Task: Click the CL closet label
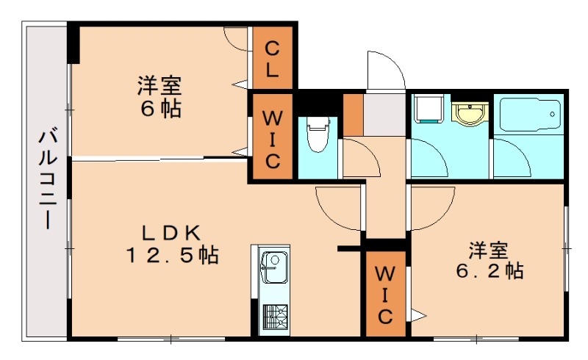(272, 61)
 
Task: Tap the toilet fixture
(318, 134)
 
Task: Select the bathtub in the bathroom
(528, 115)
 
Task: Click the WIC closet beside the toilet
(272, 138)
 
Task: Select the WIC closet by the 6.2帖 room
(384, 295)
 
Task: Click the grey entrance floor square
(385, 114)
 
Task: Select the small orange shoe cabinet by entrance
(354, 115)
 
